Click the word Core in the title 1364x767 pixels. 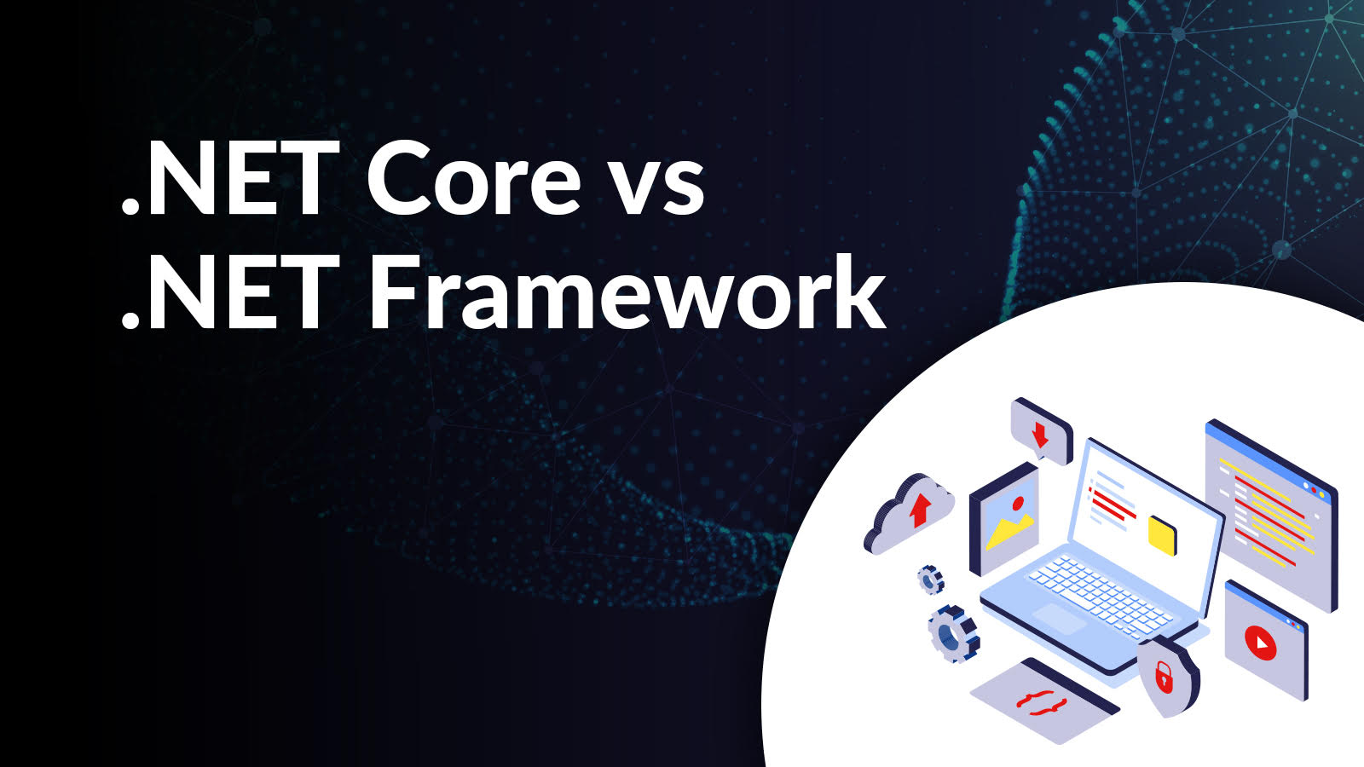tap(475, 182)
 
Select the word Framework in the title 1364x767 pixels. tap(627, 294)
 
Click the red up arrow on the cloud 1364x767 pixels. tap(919, 510)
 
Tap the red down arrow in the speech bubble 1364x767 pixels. tap(1039, 435)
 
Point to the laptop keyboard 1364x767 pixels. tap(1100, 592)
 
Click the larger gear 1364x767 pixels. tap(951, 632)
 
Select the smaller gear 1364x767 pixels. tap(930, 580)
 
